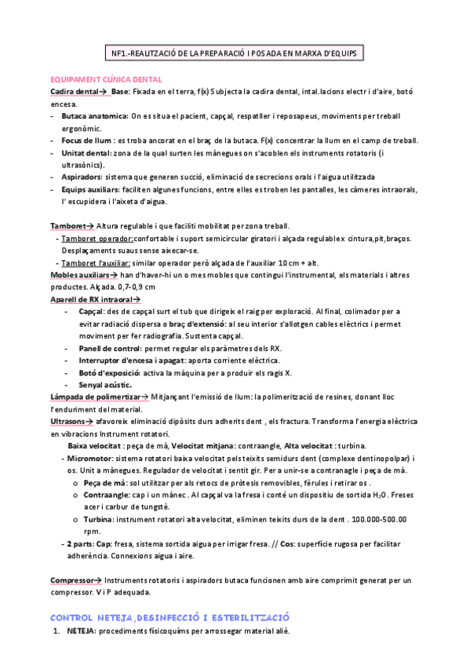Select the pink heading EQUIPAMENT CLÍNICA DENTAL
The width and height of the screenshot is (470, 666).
coord(106,79)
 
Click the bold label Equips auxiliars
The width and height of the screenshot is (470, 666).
coord(93,190)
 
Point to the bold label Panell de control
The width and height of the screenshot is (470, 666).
coord(111,348)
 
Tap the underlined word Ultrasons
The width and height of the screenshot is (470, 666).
coord(71,422)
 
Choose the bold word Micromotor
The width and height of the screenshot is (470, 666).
coord(90,458)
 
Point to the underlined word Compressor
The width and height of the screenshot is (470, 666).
coord(72,580)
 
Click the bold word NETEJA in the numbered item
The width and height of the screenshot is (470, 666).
coord(82,630)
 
